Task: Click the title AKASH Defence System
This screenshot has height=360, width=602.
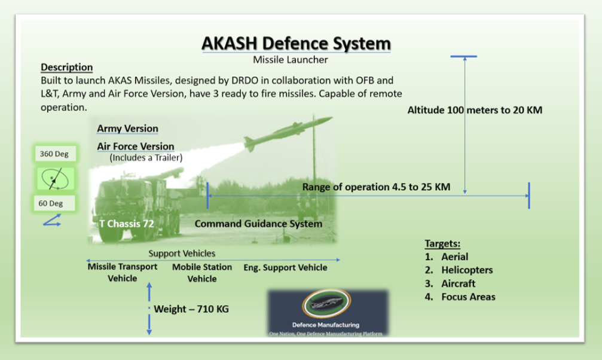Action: pos(296,44)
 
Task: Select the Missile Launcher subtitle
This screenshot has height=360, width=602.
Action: pos(290,60)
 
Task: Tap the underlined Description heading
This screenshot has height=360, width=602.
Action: pos(66,68)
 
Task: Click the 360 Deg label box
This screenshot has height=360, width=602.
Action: pos(54,154)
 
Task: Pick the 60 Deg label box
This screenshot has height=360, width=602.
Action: pos(54,203)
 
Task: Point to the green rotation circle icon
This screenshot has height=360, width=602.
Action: pos(54,178)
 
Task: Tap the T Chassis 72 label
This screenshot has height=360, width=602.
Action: pos(127,224)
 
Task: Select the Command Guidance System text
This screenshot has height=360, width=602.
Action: pos(258,224)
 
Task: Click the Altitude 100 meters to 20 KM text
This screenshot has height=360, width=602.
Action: pos(475,110)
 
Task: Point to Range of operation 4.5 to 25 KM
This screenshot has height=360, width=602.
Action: pos(376,187)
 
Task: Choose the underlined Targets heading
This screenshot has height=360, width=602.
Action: pos(442,244)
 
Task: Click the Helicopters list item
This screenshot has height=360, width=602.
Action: pos(467,270)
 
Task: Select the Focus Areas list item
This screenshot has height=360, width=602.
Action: pos(468,297)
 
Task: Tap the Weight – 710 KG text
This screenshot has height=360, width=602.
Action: pos(191,309)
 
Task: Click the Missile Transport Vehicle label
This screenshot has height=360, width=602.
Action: pos(123,272)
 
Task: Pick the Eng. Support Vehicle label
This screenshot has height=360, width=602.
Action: pos(285,267)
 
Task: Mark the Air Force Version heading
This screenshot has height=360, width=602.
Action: pos(136,147)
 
